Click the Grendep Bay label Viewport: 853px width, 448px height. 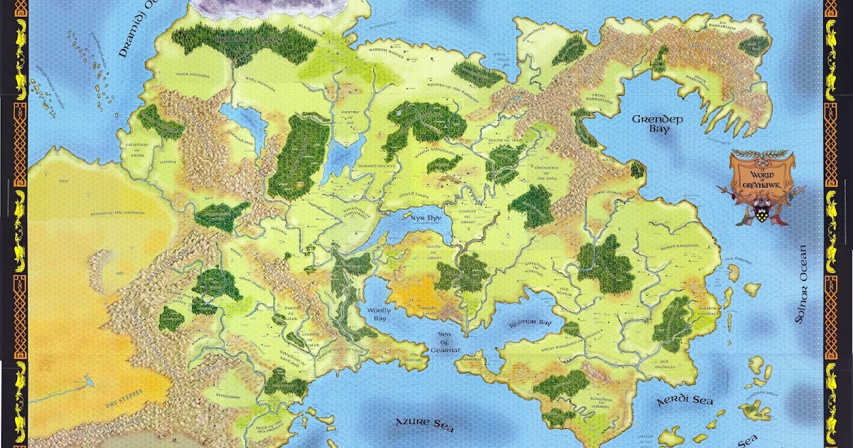(658, 124)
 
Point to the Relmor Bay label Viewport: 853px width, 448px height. (530, 323)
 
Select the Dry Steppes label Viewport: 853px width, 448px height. (124, 392)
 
